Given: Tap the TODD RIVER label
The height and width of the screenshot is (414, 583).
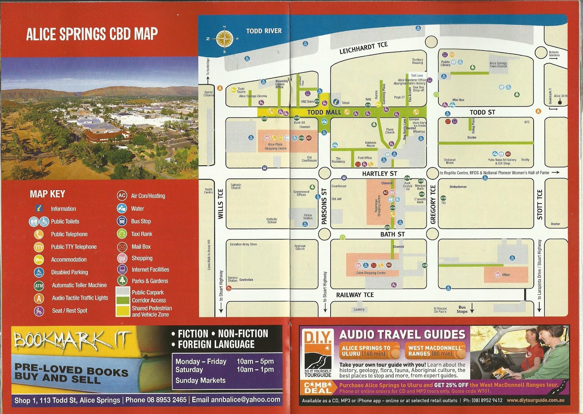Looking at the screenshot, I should pos(264,31).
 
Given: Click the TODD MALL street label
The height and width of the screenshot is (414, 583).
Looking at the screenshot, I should pos(324,112).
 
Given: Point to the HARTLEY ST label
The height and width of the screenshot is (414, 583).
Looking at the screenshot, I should pos(379,174).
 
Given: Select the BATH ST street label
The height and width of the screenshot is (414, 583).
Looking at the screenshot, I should pos(392,234).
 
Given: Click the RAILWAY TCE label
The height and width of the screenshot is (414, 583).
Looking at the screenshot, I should pos(355,295).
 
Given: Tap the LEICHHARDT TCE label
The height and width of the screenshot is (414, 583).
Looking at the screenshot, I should pos(363,48).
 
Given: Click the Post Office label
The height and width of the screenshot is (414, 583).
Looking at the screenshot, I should pos(364,158).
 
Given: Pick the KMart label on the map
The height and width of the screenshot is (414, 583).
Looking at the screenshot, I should pos(506,275).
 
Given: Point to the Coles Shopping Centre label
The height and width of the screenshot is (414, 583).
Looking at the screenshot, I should pos(371,273).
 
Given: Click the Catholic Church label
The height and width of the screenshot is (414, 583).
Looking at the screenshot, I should pos(236,186).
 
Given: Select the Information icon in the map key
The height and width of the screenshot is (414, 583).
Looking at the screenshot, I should pos(39,209).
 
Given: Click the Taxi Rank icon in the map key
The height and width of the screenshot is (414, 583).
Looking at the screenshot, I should pos(122,234).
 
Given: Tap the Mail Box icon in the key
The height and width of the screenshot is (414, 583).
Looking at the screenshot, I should pos(122,247).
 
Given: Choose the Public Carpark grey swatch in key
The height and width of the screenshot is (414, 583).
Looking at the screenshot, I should pos(123,291).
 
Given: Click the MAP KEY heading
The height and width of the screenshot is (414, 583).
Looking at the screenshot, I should pos(47,194).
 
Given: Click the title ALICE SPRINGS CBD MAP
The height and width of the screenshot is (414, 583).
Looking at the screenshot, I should pos(92,34).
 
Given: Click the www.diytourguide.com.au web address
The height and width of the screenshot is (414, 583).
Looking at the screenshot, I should pos(535,400).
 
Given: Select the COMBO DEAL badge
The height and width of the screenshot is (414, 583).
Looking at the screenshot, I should pos(318,388).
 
